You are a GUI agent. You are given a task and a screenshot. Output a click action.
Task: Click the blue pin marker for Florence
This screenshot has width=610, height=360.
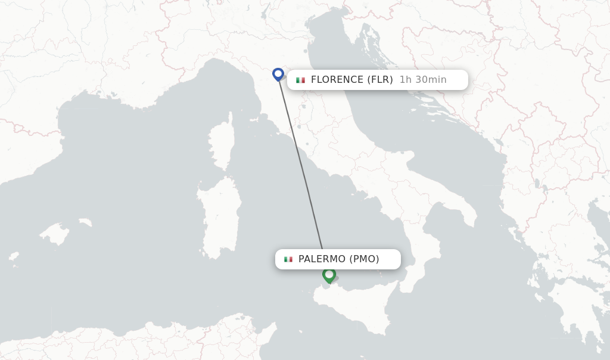click(x=278, y=74)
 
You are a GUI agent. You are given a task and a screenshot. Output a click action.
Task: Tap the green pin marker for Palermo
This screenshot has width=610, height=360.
click(x=329, y=275)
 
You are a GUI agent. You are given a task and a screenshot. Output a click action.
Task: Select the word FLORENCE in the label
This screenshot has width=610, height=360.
click(x=337, y=80)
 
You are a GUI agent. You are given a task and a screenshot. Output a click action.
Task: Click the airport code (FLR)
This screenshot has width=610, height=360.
click(x=379, y=80)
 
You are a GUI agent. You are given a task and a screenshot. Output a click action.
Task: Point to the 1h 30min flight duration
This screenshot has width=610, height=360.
click(x=422, y=80)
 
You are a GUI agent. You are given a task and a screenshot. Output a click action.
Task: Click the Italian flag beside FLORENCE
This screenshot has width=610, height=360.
click(x=300, y=80)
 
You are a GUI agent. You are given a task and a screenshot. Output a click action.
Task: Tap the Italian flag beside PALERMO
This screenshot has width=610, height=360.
click(x=288, y=259)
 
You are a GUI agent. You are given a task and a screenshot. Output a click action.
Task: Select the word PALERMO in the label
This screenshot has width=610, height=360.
click(x=322, y=259)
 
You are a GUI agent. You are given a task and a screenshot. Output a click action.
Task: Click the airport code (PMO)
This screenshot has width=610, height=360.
click(x=364, y=259)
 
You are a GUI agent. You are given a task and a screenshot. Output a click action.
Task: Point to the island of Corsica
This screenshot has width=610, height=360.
click(x=222, y=143)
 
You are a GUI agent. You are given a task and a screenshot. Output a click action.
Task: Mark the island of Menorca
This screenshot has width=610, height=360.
click(x=85, y=222)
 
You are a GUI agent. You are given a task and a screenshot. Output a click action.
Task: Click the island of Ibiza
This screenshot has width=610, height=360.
click(x=13, y=257)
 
